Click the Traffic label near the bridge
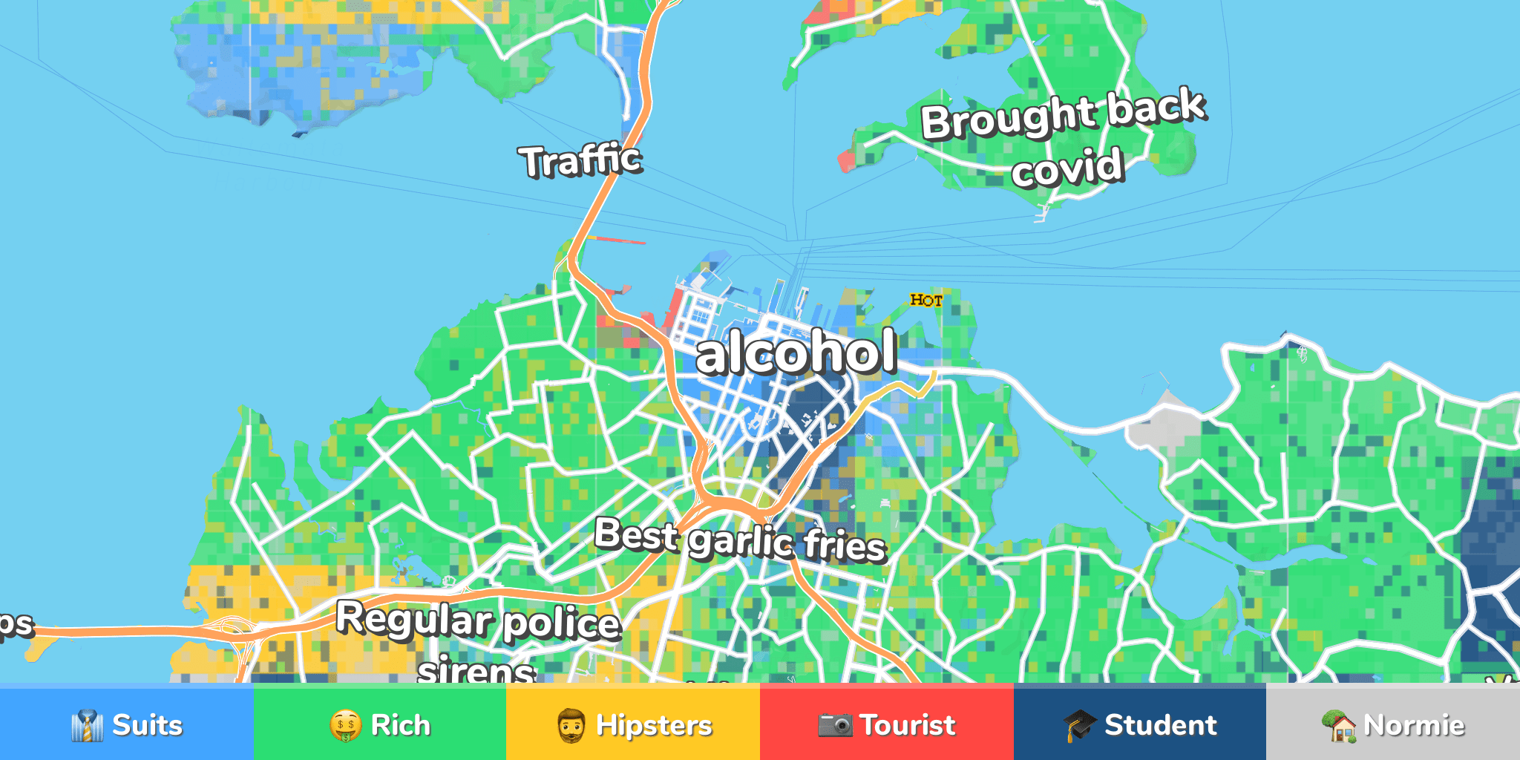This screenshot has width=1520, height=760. pyautogui.click(x=580, y=160)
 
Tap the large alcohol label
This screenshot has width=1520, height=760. pyautogui.click(x=796, y=353)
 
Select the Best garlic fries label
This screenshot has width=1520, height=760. pyautogui.click(x=740, y=540)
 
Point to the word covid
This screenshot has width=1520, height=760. pyautogui.click(x=1067, y=168)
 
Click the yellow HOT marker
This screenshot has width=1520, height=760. pyautogui.click(x=926, y=300)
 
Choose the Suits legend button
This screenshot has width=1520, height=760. pyautogui.click(x=126, y=724)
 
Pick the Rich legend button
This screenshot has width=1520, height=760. pyautogui.click(x=380, y=724)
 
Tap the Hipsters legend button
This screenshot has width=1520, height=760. pyautogui.click(x=633, y=724)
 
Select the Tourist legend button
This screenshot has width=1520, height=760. pyautogui.click(x=887, y=724)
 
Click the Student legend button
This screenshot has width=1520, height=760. pyautogui.click(x=1140, y=724)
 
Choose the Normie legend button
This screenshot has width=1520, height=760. pyautogui.click(x=1393, y=724)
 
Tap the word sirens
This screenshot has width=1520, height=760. pyautogui.click(x=476, y=670)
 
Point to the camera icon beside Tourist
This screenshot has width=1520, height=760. pyautogui.click(x=835, y=724)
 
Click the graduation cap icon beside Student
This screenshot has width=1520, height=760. pyautogui.click(x=1080, y=724)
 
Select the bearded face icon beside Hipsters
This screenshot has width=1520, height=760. pyautogui.click(x=571, y=725)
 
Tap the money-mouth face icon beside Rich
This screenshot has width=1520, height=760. pyautogui.click(x=346, y=725)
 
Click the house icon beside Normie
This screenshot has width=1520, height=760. pyautogui.click(x=1340, y=725)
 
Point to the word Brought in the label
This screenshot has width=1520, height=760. pyautogui.click(x=1008, y=117)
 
